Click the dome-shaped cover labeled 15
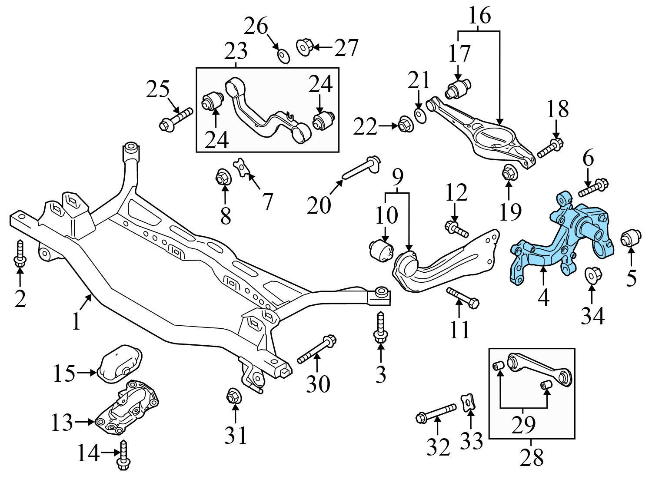pos(118,364)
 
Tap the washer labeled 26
pos(283,56)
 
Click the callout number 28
pos(532,457)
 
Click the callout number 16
pos(479,16)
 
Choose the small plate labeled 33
pos(468,401)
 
